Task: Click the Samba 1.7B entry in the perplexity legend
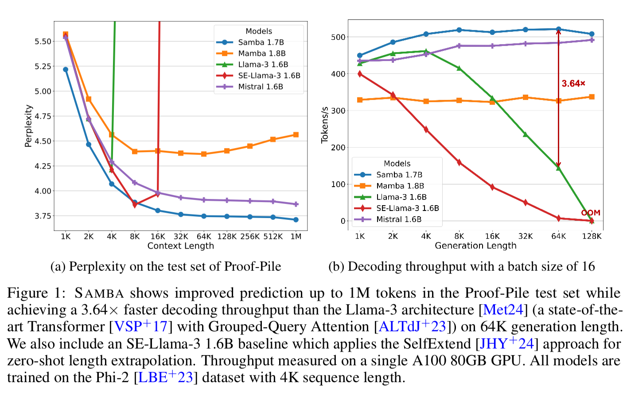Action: pyautogui.click(x=261, y=42)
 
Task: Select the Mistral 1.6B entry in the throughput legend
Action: pyautogui.click(x=399, y=219)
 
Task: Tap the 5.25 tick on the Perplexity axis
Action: pyautogui.click(x=43, y=66)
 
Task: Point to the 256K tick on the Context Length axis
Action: pyautogui.click(x=250, y=237)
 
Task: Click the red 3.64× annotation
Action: pyautogui.click(x=573, y=84)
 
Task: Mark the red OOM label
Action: pyautogui.click(x=591, y=213)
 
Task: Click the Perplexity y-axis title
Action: pyautogui.click(x=28, y=126)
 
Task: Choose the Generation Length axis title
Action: pyautogui.click(x=475, y=246)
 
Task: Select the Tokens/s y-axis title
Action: pyautogui.click(x=325, y=125)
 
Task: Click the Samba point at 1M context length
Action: pyautogui.click(x=296, y=219)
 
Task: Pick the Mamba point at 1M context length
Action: pyautogui.click(x=296, y=134)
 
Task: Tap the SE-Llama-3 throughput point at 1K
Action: pyautogui.click(x=360, y=74)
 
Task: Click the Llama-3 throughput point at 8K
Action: pyautogui.click(x=459, y=69)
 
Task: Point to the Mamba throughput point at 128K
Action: pyautogui.click(x=592, y=97)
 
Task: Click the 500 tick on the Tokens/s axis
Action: pyautogui.click(x=338, y=37)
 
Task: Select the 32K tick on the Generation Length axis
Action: pyautogui.click(x=526, y=236)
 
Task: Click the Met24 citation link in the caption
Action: pyautogui.click(x=503, y=310)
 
